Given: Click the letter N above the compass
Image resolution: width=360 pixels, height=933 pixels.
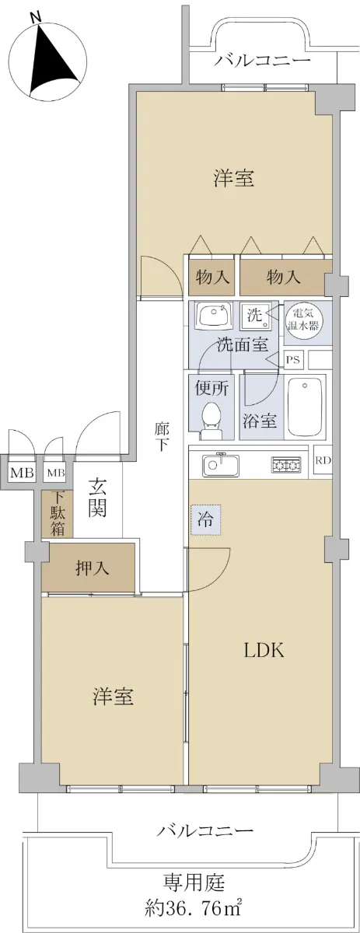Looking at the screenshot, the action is [x=37, y=18].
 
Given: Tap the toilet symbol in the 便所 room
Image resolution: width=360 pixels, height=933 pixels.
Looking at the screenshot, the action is [x=212, y=421].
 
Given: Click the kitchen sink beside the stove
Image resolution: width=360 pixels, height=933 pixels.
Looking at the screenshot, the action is [x=220, y=465].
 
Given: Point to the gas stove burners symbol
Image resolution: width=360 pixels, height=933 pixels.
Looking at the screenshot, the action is [x=286, y=464].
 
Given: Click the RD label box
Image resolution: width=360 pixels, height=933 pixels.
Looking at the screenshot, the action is [x=323, y=460].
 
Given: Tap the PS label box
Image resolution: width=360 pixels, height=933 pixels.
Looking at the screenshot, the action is [x=294, y=359].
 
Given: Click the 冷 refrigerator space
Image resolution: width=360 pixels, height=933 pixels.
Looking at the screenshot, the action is [x=205, y=520].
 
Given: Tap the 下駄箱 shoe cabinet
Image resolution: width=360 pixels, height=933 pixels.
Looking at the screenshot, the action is [x=58, y=514].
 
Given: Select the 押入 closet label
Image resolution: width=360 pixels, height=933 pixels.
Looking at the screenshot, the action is [x=93, y=568].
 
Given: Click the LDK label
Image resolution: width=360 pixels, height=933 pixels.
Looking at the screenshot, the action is [x=264, y=650].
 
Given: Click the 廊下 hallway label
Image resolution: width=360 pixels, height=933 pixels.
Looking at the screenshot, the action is [x=161, y=437].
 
